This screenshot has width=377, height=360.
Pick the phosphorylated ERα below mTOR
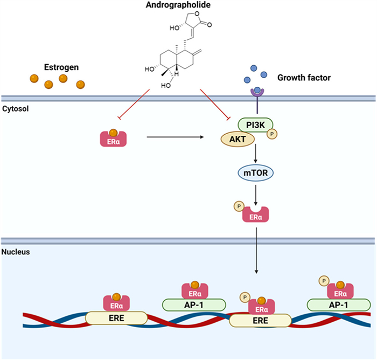point(256,214)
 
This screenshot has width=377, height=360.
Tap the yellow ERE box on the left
point(116,318)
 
